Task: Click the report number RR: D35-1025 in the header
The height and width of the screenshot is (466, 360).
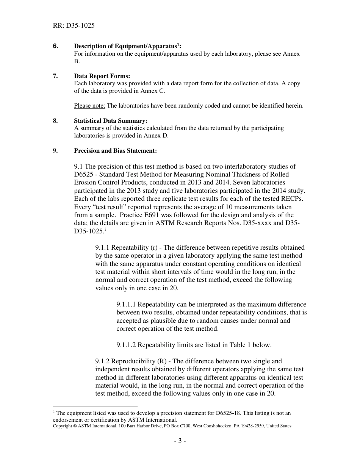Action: tap(74, 26)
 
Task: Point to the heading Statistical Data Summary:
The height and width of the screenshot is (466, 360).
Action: tap(110, 121)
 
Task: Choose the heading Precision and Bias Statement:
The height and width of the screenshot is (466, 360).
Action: tap(115, 150)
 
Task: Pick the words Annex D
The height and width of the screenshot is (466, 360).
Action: tap(156, 136)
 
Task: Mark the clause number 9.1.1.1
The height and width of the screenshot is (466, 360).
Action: tap(129, 304)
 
